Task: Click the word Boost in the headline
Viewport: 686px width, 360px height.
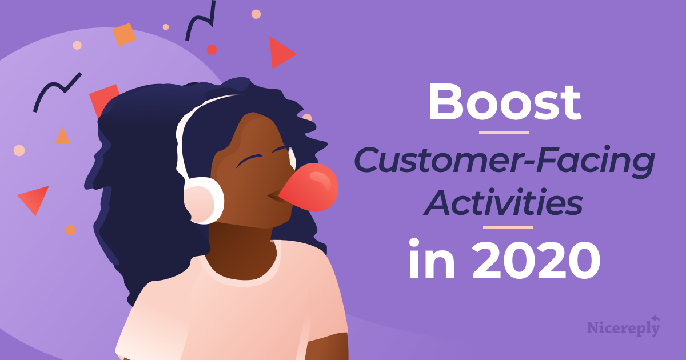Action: tap(504, 103)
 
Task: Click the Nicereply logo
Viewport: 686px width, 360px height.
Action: tap(624, 327)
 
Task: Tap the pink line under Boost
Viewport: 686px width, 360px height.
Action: tap(504, 133)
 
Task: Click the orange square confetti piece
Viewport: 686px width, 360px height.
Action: tap(124, 34)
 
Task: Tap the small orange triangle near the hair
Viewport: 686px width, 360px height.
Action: tap(62, 137)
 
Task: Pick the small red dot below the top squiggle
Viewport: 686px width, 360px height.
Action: tap(212, 50)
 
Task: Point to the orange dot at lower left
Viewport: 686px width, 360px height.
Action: tap(70, 230)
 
